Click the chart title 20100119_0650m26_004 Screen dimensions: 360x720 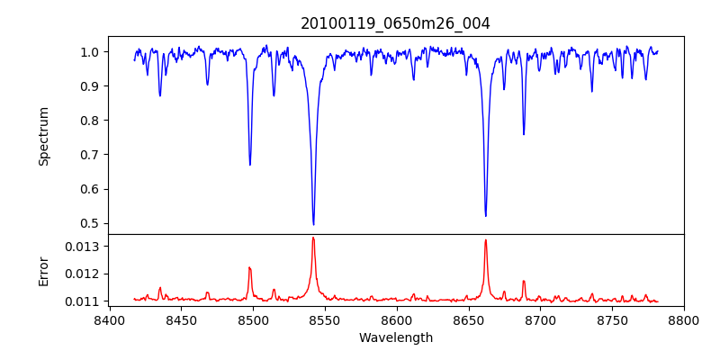click(395, 23)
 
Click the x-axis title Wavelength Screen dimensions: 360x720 click(395, 337)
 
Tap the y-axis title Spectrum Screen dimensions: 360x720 click(44, 136)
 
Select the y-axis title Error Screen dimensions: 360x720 click(44, 271)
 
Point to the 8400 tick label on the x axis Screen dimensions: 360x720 click(109, 319)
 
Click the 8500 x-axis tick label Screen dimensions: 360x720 click(252, 319)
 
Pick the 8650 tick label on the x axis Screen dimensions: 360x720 click(468, 319)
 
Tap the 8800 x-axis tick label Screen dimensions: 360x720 click(684, 319)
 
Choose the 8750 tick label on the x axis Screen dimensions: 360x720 click(612, 319)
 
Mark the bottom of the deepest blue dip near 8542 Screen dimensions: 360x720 click(313, 224)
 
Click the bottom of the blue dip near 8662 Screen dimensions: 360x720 click(486, 215)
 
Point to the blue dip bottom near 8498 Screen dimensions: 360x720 click(250, 165)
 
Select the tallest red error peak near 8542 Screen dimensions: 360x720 click(313, 238)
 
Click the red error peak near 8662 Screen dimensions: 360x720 click(486, 240)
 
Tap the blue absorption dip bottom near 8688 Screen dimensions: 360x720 click(524, 134)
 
